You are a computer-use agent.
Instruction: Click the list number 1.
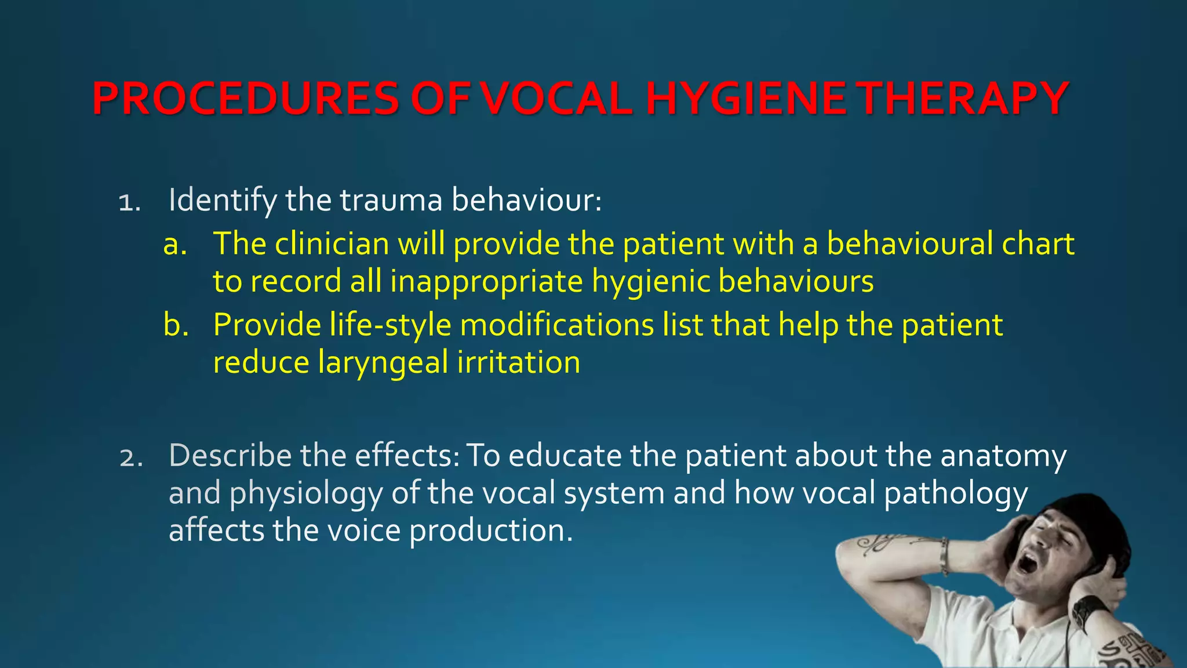click(x=129, y=203)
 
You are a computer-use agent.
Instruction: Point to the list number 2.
click(x=130, y=458)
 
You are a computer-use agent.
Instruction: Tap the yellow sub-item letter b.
click(x=176, y=325)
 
